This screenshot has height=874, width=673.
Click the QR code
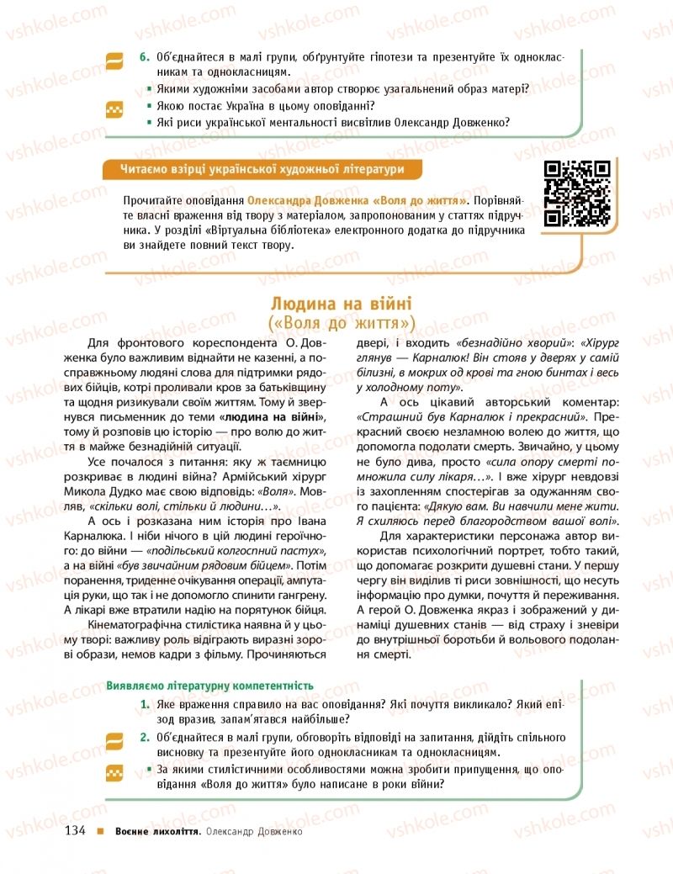point(577,193)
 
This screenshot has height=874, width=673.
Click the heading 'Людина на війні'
point(342,304)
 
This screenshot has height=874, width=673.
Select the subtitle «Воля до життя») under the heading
point(342,323)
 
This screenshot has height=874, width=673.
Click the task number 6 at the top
point(144,56)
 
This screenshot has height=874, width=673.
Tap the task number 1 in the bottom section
point(144,704)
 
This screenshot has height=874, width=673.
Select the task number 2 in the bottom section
point(144,738)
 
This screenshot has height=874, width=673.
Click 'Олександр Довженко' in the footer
point(253,832)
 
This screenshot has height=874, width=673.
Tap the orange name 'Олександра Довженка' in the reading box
point(306,202)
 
